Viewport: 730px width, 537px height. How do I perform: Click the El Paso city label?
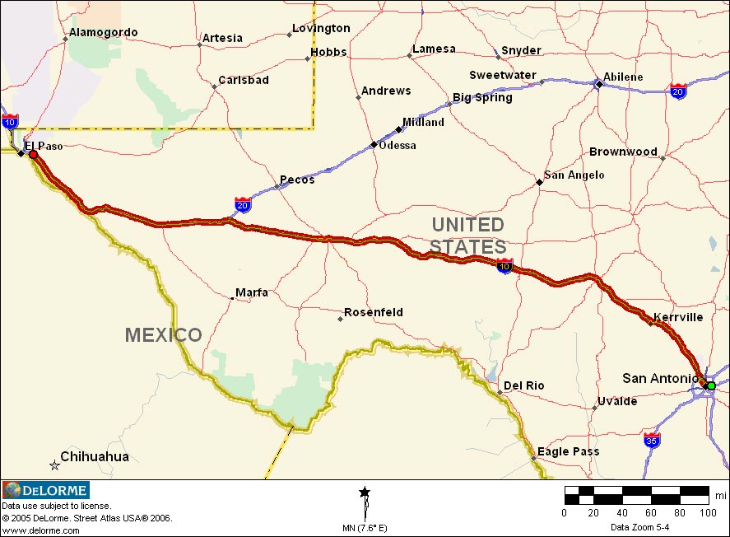[44, 146]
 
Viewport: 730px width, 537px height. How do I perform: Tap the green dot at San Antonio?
[711, 385]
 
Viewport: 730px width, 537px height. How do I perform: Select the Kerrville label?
[678, 317]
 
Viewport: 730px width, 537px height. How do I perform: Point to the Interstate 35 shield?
[652, 439]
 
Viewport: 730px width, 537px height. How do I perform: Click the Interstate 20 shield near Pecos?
[243, 204]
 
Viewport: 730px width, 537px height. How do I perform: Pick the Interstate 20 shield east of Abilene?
[679, 91]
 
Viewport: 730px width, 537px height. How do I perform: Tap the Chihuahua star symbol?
[54, 465]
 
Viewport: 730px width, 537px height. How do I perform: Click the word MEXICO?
[163, 335]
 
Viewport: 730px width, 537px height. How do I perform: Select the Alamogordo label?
[103, 32]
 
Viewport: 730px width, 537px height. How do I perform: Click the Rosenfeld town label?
[374, 312]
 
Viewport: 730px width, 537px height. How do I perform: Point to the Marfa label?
[252, 292]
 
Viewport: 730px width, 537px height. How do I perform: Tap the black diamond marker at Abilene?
[598, 83]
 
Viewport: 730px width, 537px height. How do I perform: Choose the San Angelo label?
[574, 175]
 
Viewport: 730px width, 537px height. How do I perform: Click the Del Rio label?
[524, 385]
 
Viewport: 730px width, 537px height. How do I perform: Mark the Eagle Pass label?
[568, 451]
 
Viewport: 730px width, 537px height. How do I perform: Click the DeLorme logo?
[46, 491]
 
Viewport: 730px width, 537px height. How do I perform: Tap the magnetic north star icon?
[365, 493]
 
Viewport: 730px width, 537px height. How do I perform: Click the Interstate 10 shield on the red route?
[504, 265]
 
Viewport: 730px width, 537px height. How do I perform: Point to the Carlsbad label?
[244, 81]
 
